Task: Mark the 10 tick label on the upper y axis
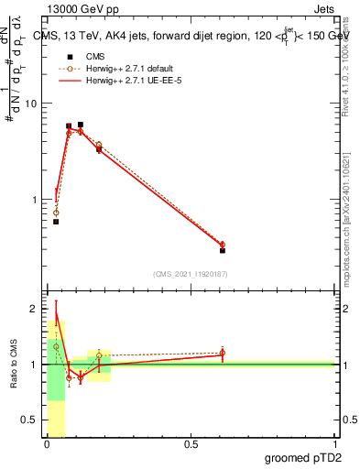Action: (x=30, y=104)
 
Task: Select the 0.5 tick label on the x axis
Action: (x=191, y=445)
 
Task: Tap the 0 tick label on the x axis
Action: (x=47, y=445)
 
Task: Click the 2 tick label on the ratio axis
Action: (x=34, y=309)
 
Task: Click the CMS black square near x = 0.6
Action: (x=223, y=250)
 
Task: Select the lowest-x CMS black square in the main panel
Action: (x=56, y=222)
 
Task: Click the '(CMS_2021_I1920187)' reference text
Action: (x=191, y=273)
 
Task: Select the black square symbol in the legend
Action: (x=69, y=57)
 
